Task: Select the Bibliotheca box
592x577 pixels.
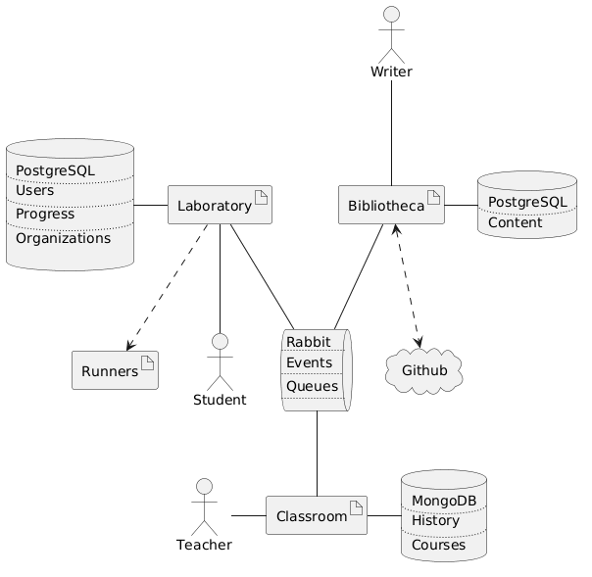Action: (391, 205)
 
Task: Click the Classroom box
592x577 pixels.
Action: (317, 515)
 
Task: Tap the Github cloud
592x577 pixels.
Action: (424, 369)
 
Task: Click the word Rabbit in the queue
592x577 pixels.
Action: (309, 341)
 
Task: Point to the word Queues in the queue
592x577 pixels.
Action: (313, 386)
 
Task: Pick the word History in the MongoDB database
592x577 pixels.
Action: (436, 521)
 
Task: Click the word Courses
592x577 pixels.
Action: (439, 544)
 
